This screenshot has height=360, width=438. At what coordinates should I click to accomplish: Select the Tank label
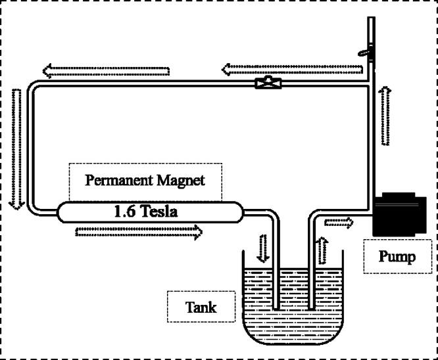[201, 306]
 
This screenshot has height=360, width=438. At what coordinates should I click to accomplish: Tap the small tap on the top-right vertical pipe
[364, 51]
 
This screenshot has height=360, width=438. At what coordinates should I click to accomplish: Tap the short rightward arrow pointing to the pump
[338, 223]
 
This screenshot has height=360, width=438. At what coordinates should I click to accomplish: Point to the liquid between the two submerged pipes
[293, 289]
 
